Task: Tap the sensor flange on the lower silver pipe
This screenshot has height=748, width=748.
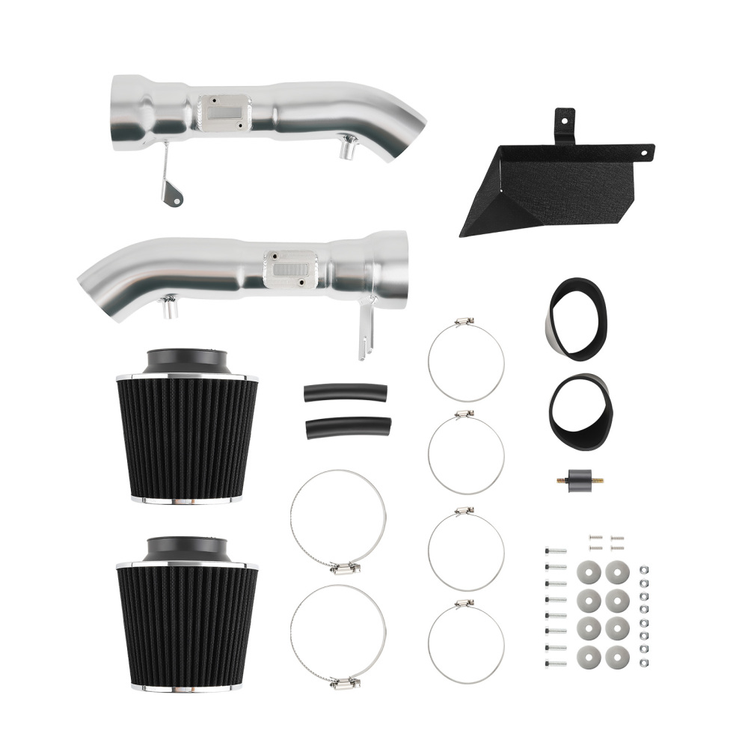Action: [x=290, y=268]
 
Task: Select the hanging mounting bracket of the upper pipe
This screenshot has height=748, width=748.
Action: [x=171, y=183]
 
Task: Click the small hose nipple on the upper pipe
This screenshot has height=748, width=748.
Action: [x=346, y=149]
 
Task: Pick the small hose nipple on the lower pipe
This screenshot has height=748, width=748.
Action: [x=170, y=307]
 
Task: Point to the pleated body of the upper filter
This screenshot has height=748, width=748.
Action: [x=187, y=438]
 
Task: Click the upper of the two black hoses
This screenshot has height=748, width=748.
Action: [x=345, y=393]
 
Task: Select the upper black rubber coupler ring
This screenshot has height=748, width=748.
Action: [x=575, y=319]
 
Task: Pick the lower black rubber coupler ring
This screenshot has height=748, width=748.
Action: [x=580, y=411]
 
